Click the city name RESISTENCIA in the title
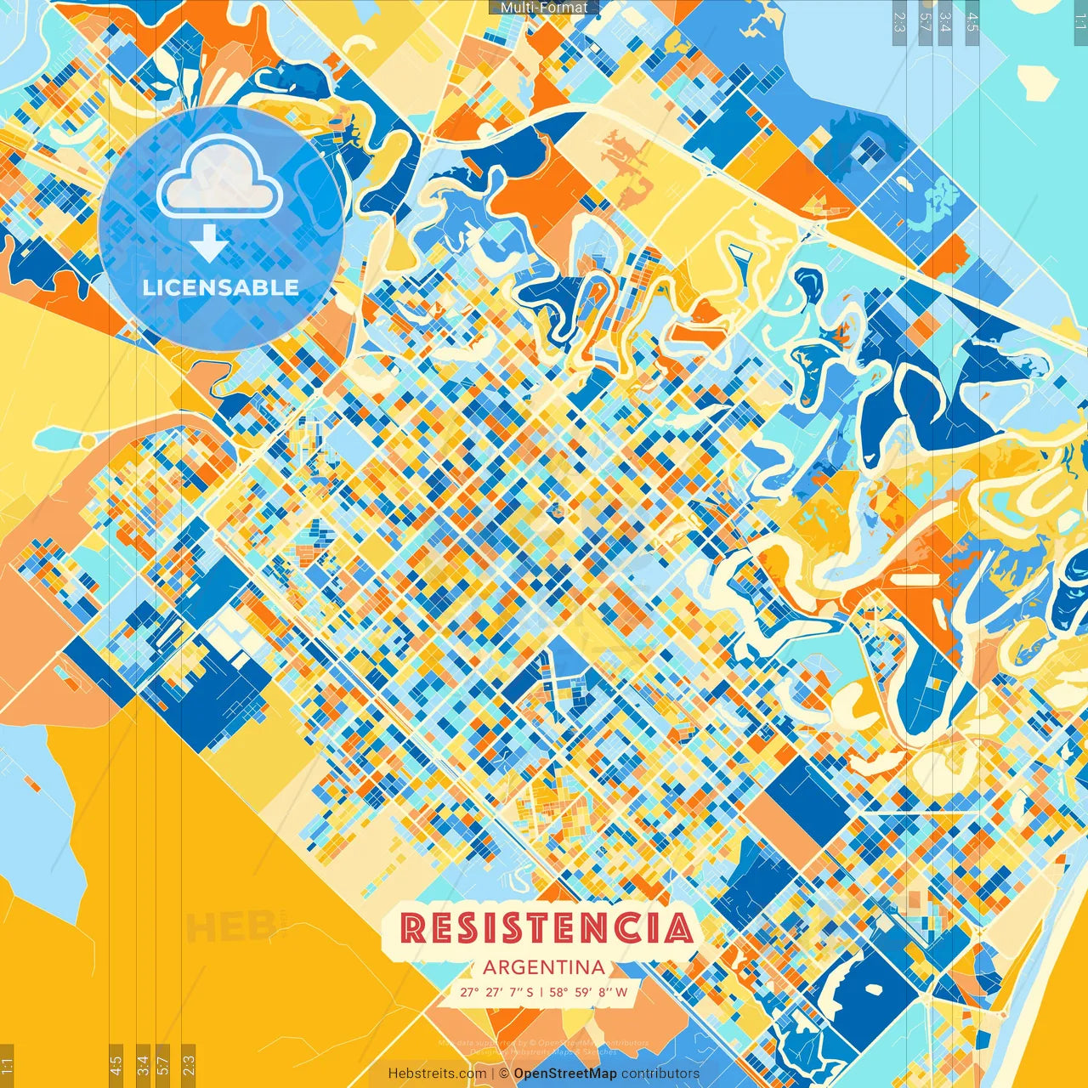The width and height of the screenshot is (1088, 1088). coord(546,928)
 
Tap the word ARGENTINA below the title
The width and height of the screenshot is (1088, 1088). coord(544,967)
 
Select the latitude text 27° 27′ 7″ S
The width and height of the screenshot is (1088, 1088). coord(497,992)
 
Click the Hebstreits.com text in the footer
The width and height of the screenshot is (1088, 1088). coord(437,1074)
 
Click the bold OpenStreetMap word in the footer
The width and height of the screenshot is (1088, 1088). coord(564,1074)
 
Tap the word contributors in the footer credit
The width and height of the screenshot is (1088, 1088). coord(660,1074)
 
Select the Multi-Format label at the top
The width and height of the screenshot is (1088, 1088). coord(544,8)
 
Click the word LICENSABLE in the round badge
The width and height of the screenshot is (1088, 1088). coord(221,287)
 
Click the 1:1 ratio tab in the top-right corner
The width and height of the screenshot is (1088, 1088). coord(1079,19)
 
